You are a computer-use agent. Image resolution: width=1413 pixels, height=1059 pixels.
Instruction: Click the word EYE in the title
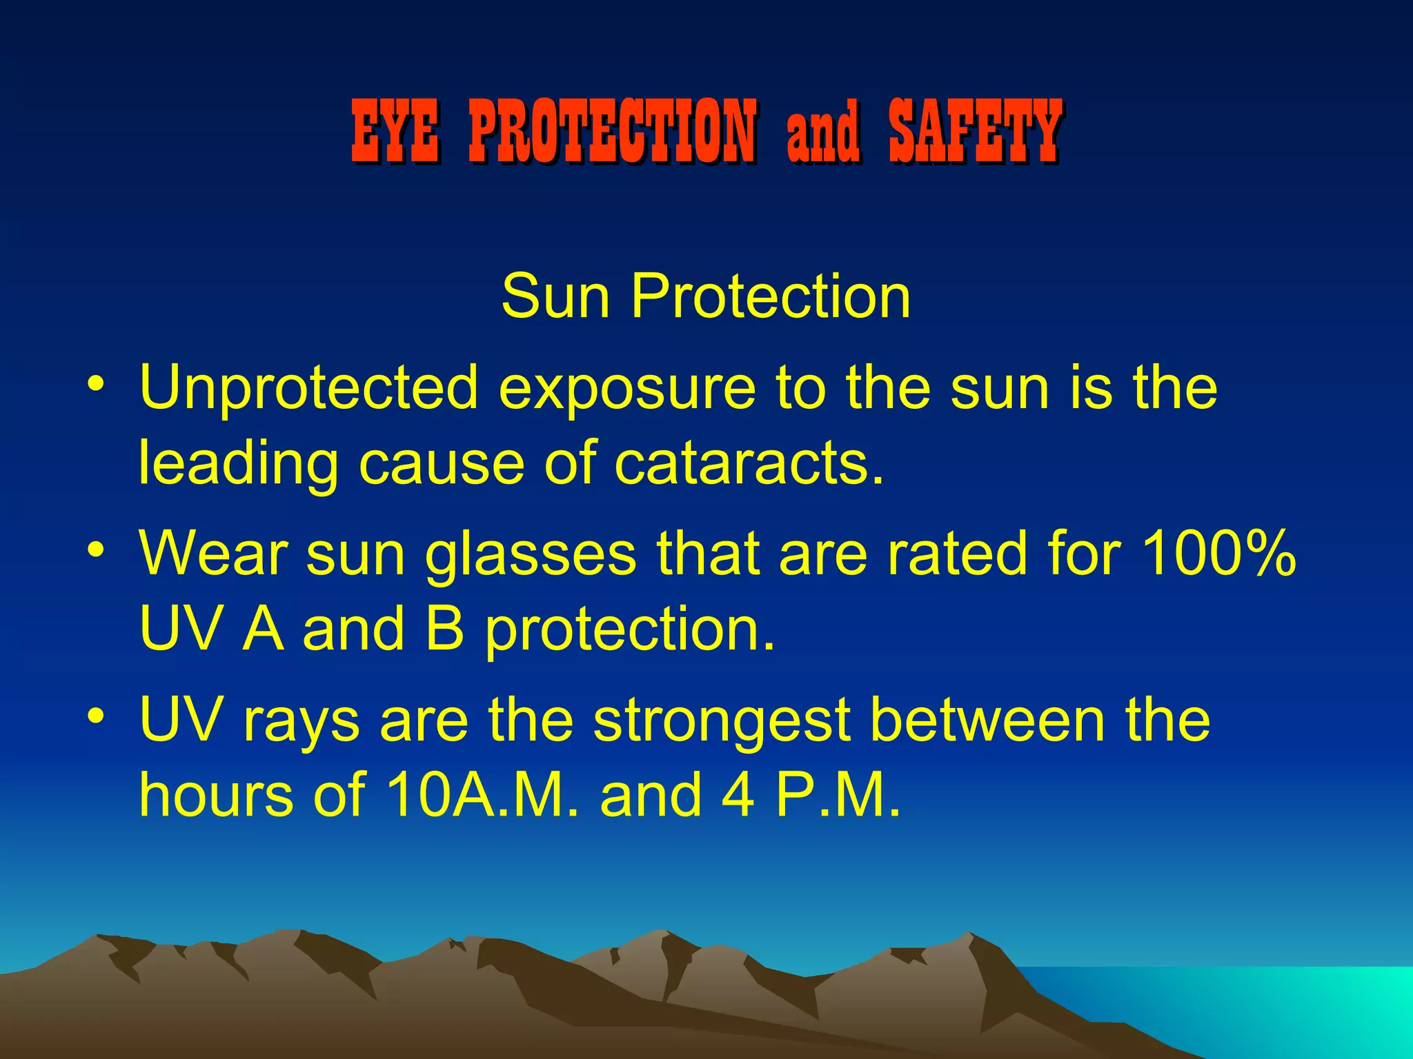tap(395, 130)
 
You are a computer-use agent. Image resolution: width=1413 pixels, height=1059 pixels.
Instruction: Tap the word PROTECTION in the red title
tap(613, 130)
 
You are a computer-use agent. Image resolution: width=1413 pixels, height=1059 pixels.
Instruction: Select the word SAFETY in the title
tap(975, 130)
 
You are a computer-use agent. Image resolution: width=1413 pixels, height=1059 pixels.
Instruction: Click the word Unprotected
tap(308, 388)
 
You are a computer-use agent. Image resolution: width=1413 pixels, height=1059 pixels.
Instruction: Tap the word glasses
tap(530, 556)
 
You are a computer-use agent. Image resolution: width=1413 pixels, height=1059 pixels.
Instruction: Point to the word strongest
tap(722, 721)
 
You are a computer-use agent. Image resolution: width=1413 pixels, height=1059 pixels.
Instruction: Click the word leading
tap(239, 465)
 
